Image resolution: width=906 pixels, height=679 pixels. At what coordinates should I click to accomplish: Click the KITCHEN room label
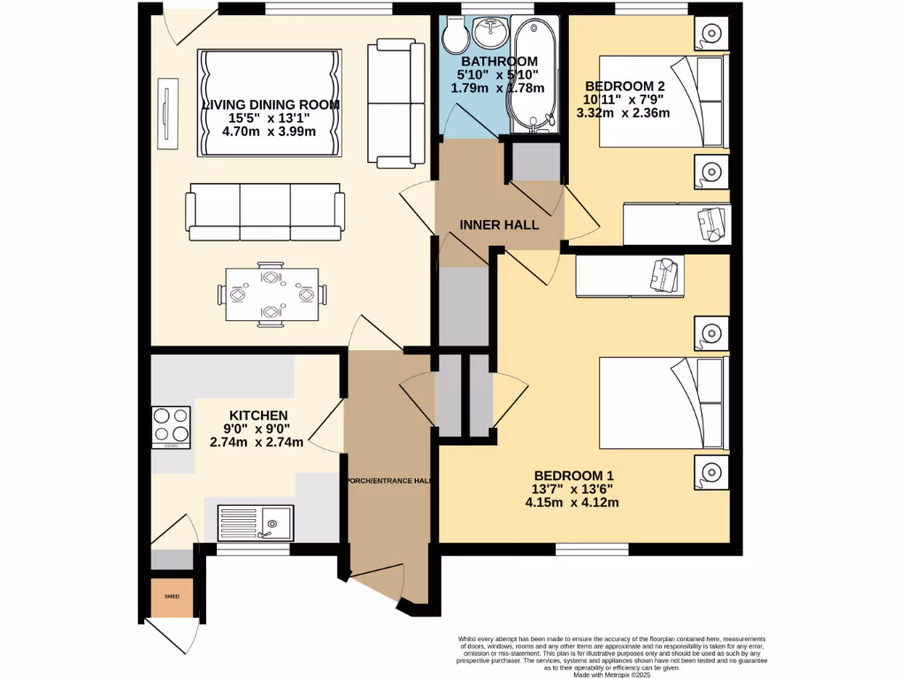(258, 416)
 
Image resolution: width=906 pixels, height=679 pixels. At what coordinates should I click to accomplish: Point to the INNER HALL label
(499, 225)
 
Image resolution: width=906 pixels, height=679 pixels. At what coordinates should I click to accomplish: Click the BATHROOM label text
(498, 61)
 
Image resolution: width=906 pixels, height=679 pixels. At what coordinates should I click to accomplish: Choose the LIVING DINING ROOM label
(271, 104)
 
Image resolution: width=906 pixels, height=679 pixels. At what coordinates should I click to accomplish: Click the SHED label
(171, 597)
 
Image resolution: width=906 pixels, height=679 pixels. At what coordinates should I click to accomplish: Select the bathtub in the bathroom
(531, 75)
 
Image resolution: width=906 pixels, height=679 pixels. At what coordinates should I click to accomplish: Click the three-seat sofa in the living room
(265, 212)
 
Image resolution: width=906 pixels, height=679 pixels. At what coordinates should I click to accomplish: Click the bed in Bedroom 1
(664, 401)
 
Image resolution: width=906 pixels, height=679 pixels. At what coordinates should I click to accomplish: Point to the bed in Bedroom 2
(664, 101)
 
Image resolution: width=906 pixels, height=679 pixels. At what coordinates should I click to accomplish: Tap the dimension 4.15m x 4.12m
(572, 502)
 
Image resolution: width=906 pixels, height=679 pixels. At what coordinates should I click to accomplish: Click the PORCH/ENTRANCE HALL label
(388, 481)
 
